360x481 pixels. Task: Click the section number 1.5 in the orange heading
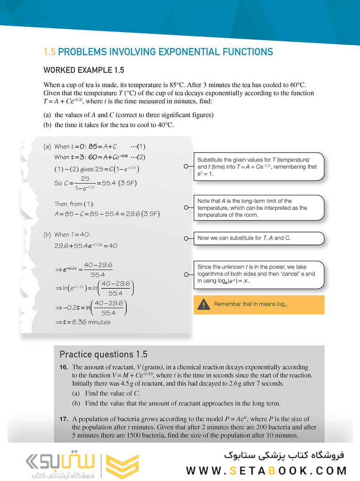(49, 52)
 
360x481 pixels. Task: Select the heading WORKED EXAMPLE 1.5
(84, 70)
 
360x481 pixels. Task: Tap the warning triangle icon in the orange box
(203, 305)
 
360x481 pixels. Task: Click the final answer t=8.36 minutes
(83, 322)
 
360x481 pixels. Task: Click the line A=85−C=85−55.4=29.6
(107, 214)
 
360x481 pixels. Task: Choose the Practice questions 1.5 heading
(103, 355)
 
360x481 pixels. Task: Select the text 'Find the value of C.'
(112, 393)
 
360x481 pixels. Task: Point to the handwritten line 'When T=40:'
(72, 234)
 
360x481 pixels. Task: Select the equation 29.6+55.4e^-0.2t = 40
(86, 246)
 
